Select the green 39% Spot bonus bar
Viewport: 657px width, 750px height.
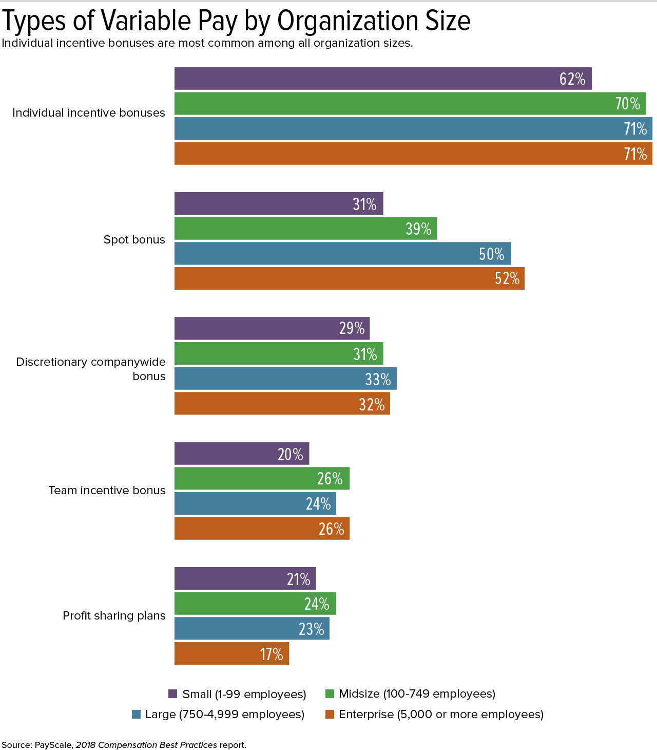click(305, 229)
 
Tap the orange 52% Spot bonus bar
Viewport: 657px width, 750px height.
click(349, 278)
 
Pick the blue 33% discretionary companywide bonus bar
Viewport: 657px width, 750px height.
click(285, 379)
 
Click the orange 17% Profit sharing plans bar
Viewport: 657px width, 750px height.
click(231, 653)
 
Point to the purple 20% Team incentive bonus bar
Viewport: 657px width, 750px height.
click(242, 454)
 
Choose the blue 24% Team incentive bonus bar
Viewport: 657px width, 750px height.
click(255, 503)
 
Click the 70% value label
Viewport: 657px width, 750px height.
click(627, 104)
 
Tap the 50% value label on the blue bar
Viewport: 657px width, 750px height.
click(491, 254)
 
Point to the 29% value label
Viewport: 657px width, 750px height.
click(352, 328)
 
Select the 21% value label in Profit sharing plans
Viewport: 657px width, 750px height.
click(298, 579)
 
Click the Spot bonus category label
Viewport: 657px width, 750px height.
click(134, 239)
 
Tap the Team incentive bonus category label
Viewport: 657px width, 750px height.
click(107, 490)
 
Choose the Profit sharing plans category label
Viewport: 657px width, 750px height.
click(114, 615)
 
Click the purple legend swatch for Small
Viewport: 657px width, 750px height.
click(173, 694)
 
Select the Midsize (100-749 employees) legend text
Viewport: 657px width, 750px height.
click(417, 694)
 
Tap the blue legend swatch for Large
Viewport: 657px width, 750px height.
click(136, 714)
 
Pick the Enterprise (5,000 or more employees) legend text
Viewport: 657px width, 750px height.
click(441, 714)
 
